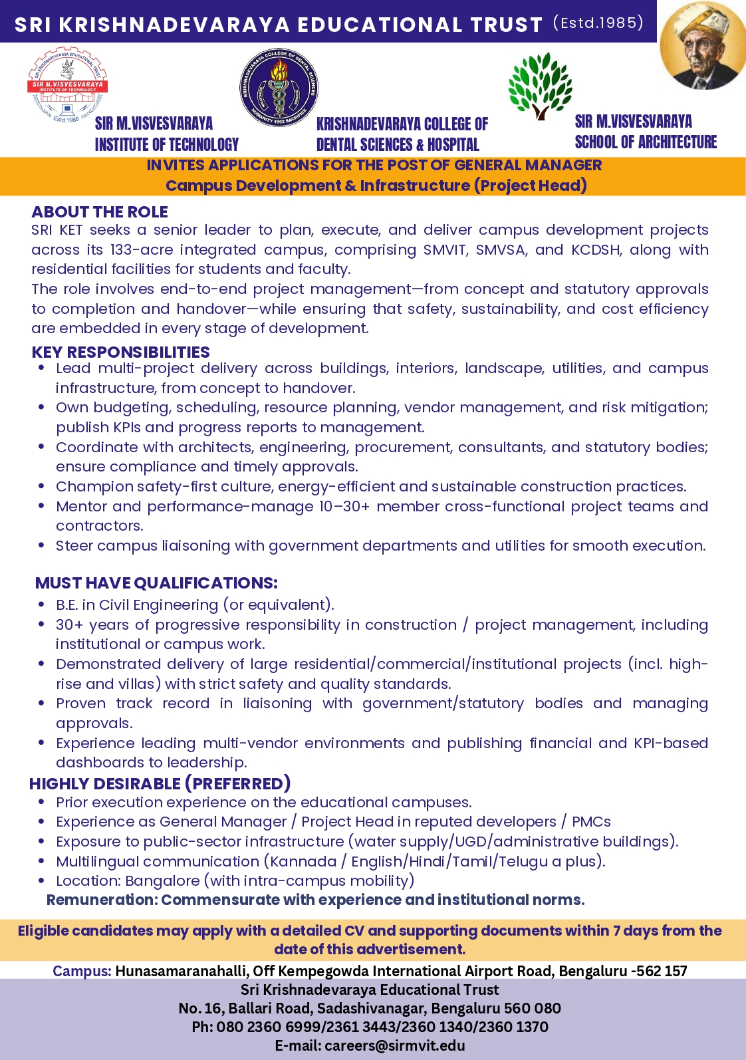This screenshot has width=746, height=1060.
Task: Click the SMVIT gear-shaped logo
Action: (x=66, y=84)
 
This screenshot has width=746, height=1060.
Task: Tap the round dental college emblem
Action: (x=279, y=87)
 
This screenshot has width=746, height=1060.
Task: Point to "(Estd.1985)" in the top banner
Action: (x=598, y=23)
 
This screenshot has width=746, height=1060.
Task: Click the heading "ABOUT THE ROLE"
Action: (x=100, y=212)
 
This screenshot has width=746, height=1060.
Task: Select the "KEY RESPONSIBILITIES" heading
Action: (x=120, y=352)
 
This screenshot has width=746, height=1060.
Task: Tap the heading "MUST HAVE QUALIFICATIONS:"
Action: (x=156, y=583)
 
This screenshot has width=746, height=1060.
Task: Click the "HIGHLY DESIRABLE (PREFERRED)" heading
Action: (x=160, y=783)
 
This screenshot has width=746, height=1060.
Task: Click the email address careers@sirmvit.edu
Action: (x=395, y=1045)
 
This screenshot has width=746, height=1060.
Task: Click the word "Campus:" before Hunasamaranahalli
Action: (x=82, y=971)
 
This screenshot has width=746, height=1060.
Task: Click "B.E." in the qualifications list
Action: (x=66, y=605)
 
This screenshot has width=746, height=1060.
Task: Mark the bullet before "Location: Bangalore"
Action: (x=41, y=880)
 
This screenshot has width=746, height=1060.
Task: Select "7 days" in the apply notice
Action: (x=635, y=931)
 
